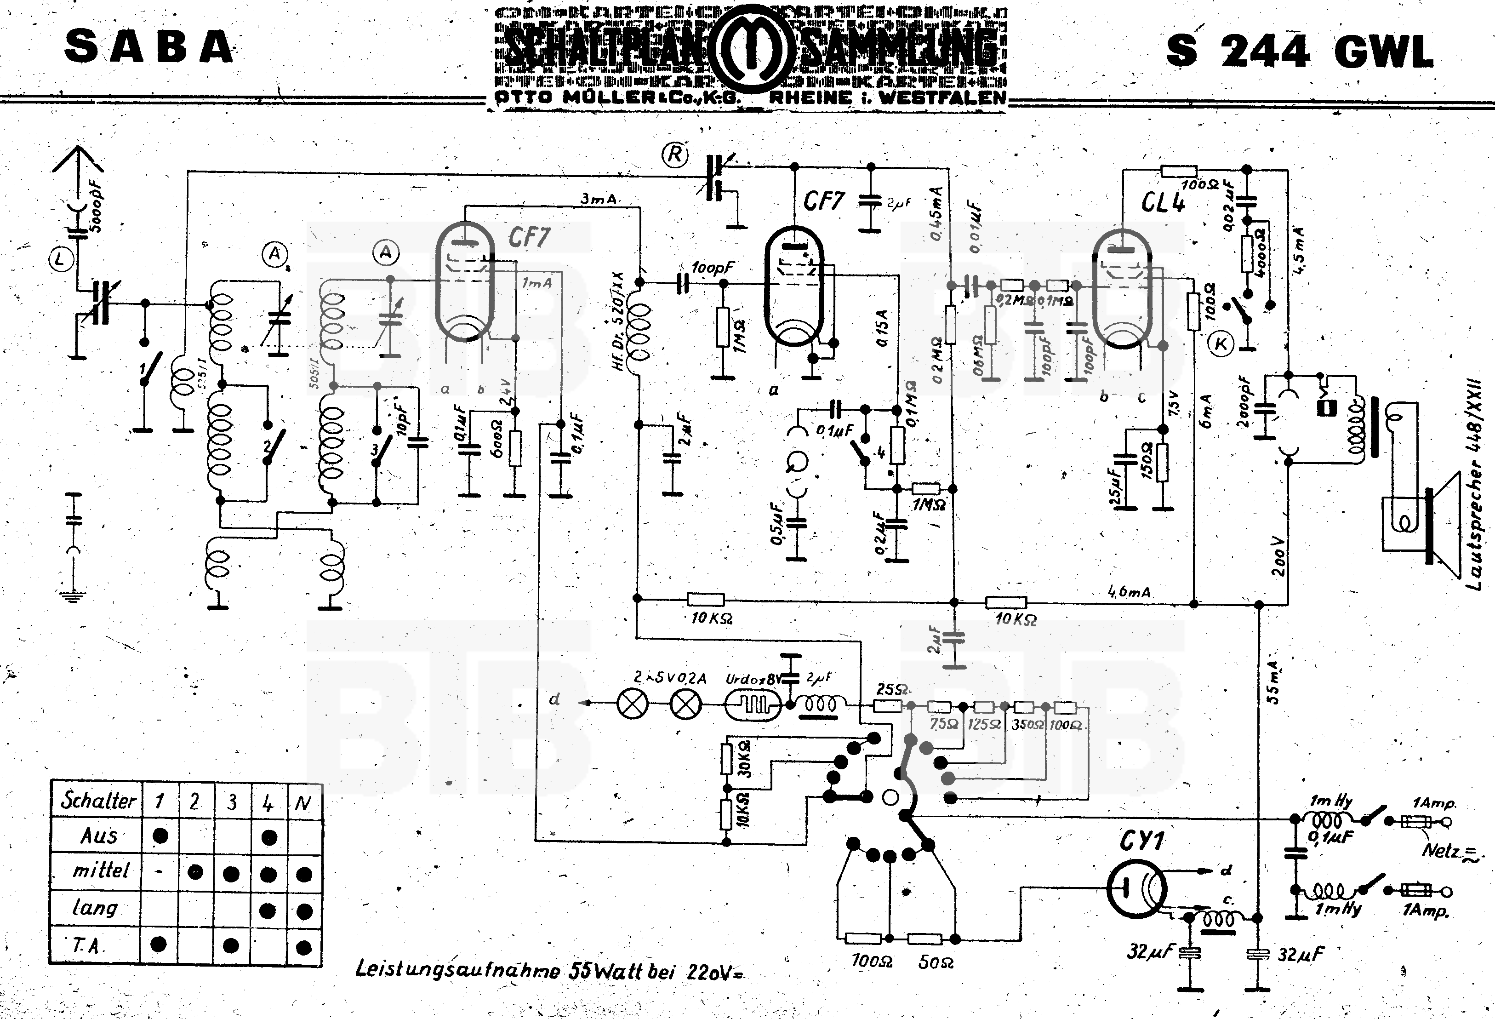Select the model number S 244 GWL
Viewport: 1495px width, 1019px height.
coord(1300,52)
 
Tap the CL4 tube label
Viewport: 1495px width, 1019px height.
coord(1163,203)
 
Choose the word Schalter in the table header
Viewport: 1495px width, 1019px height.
coord(98,801)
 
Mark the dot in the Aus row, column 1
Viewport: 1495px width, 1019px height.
coord(160,836)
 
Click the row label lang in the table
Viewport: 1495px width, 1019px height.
coord(95,908)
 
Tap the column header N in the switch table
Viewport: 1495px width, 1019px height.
coord(303,802)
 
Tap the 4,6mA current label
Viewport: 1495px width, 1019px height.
coord(1129,591)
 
